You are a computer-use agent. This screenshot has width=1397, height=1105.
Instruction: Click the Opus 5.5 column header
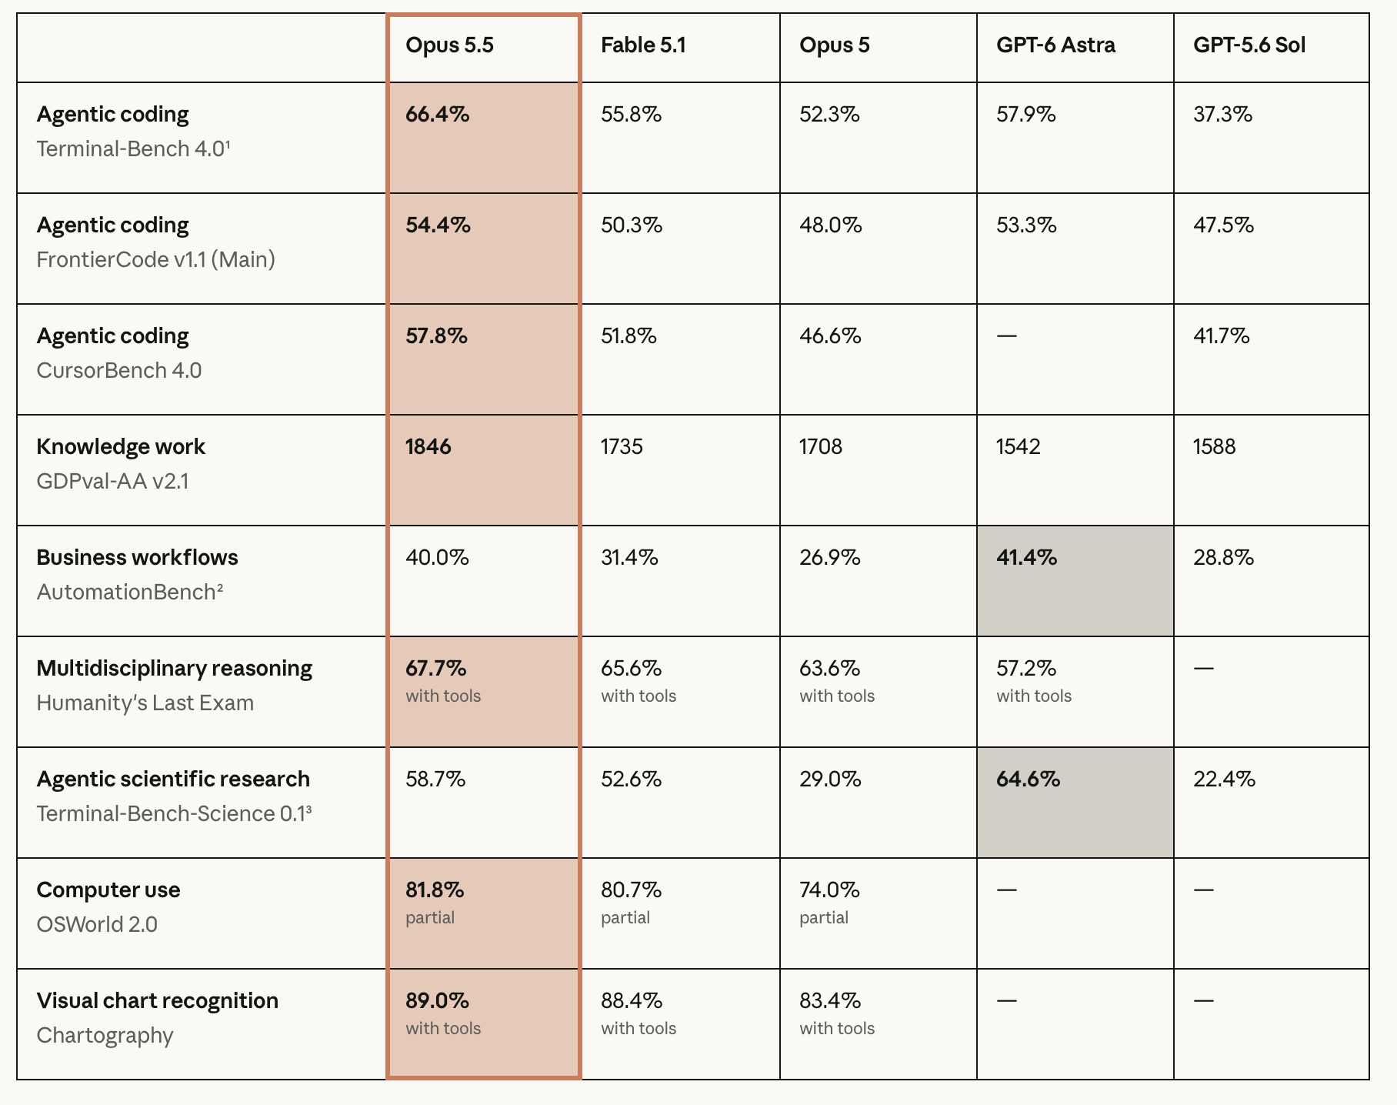pos(449,45)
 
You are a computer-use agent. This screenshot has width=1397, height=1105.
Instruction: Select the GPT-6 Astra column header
pos(1055,45)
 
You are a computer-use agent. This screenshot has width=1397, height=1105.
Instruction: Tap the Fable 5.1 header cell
pos(643,45)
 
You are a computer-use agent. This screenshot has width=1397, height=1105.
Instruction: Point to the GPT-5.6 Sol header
pos(1249,45)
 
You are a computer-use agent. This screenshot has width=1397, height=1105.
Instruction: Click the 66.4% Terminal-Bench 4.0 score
pos(438,115)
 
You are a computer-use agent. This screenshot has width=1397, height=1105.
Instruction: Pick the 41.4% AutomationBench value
pos(1027,558)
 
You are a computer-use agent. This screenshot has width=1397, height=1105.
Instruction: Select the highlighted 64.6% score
pos(1029,780)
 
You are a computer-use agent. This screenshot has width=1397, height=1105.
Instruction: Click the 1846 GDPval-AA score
pos(428,447)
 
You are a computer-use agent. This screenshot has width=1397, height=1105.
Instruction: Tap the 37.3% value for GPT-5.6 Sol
pos(1223,115)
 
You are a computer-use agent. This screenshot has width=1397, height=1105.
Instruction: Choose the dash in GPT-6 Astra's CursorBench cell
pos(1006,336)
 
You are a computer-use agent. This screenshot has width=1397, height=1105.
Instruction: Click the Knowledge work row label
pos(121,447)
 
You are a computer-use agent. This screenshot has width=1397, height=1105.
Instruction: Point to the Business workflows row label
pos(137,558)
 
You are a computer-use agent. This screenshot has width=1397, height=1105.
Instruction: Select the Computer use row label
pos(108,890)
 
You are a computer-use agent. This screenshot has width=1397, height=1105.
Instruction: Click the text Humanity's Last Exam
pos(145,703)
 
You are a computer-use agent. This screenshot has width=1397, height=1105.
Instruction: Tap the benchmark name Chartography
pos(105,1036)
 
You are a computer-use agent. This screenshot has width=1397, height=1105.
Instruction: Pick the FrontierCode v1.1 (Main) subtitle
pos(156,259)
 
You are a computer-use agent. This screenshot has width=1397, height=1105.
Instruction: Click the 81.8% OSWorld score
pos(435,890)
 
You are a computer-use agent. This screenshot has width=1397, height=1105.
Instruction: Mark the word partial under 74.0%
pos(824,918)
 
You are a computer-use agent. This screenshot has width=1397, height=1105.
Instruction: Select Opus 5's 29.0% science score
pos(830,780)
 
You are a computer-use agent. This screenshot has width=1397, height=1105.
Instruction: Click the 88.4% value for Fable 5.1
pos(632,1001)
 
